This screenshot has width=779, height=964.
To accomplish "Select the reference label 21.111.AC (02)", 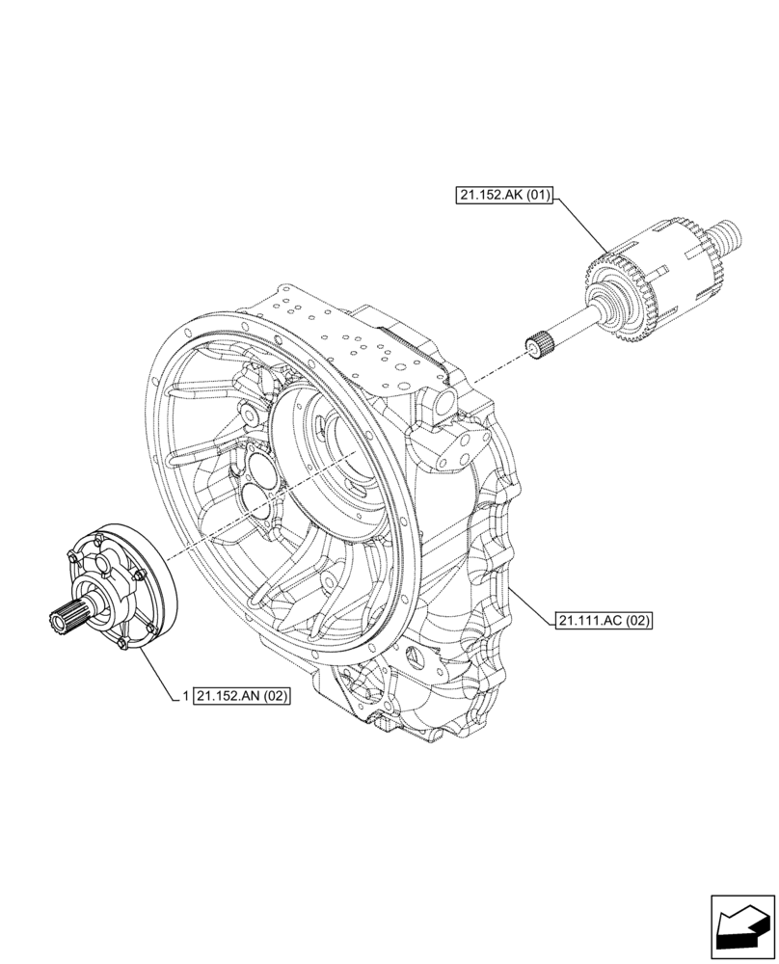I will (604, 621).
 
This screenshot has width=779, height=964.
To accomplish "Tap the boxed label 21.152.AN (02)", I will (242, 695).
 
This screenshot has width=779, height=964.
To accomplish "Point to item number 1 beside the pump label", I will (183, 695).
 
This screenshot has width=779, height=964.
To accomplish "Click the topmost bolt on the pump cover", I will (98, 535).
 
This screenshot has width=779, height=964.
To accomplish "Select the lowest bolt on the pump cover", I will (122, 644).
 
